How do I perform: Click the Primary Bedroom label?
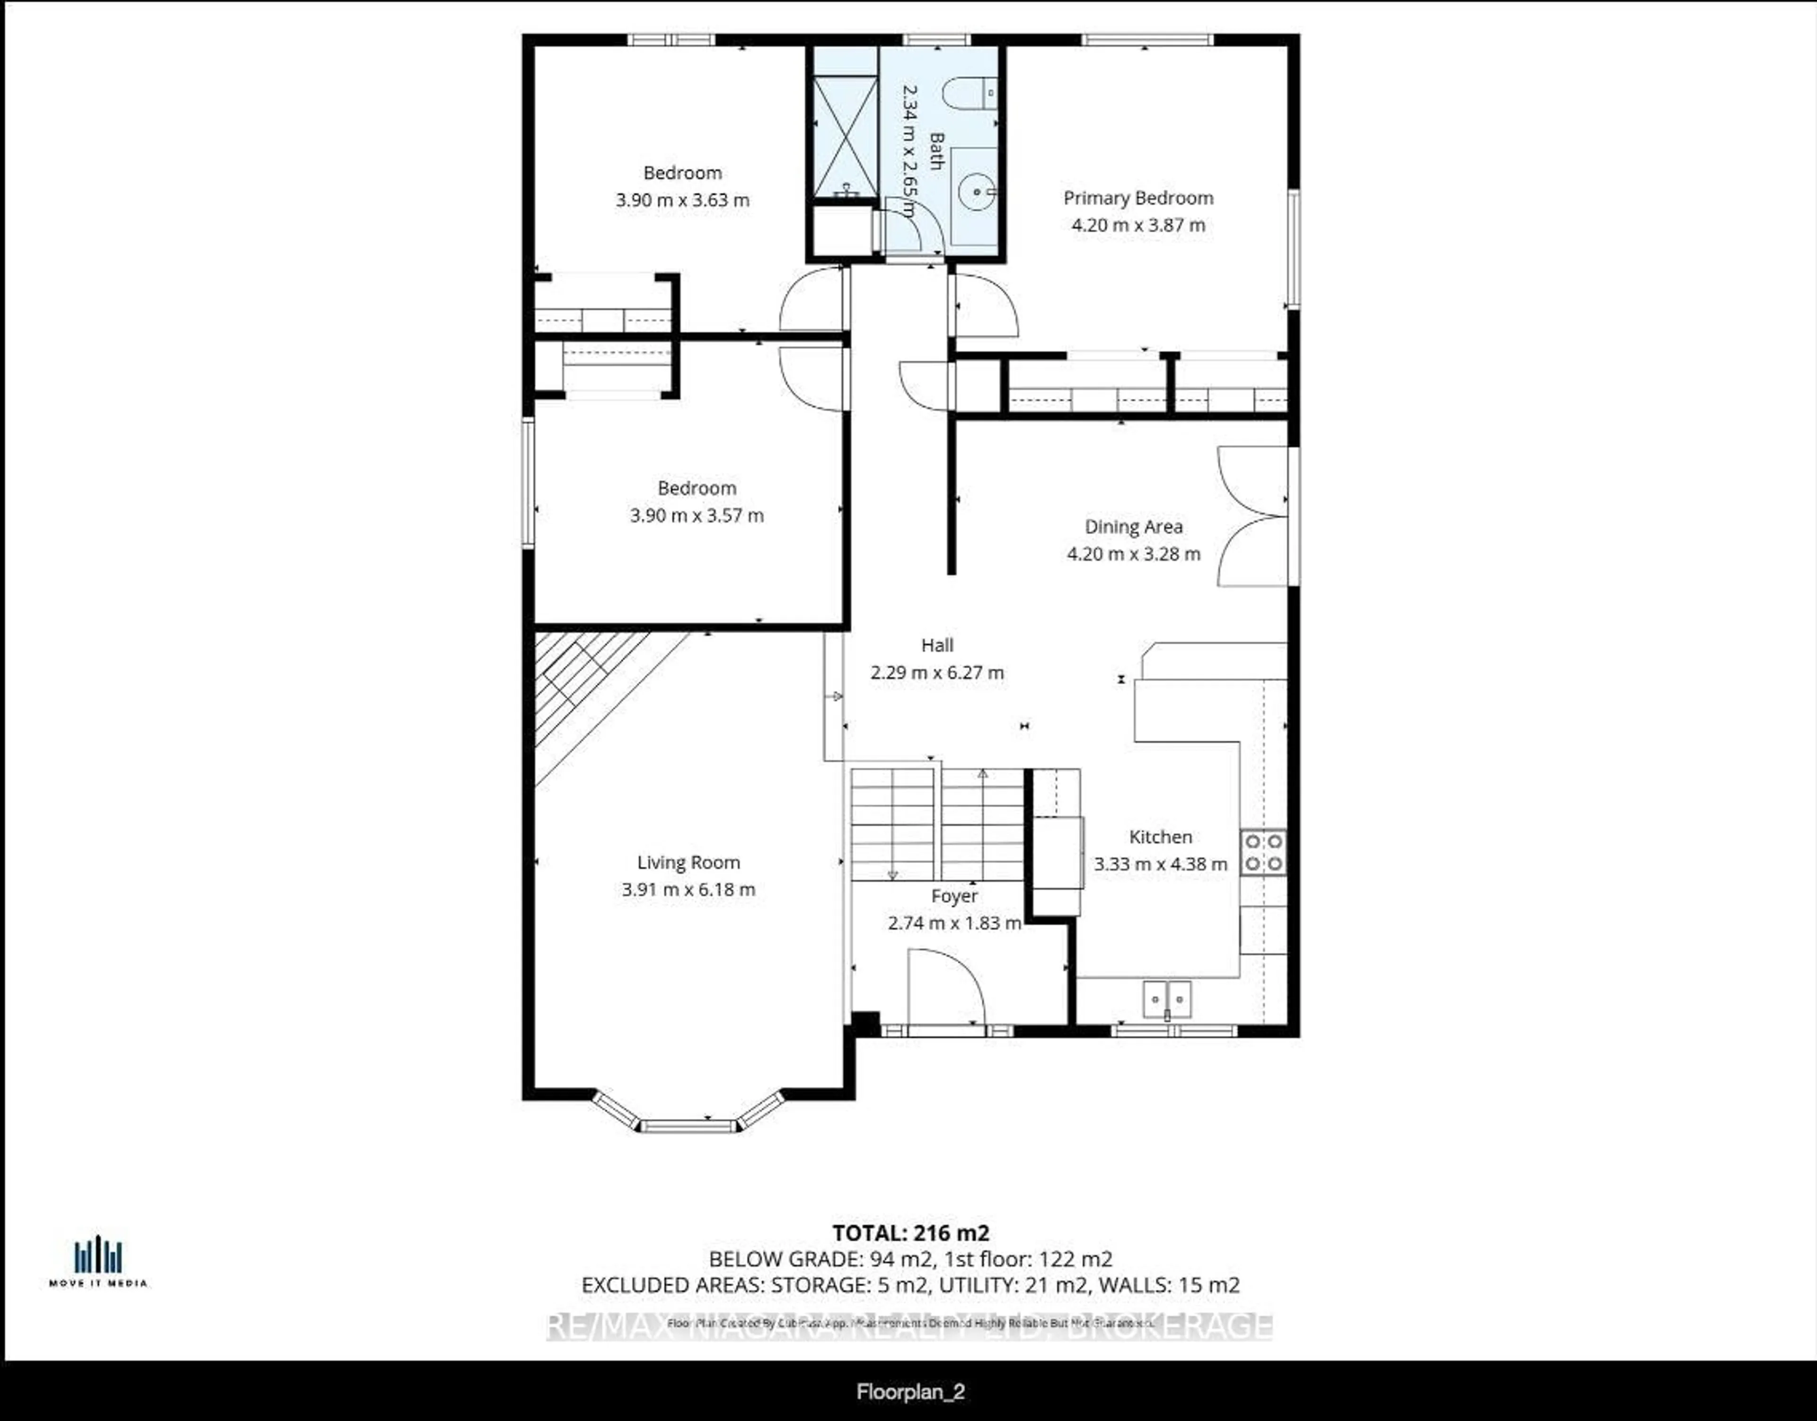click(x=1138, y=198)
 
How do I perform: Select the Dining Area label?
click(x=1133, y=527)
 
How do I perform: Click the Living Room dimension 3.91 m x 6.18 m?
click(x=688, y=890)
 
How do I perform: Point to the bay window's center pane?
click(x=688, y=1127)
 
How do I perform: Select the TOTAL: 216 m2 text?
click(x=910, y=1233)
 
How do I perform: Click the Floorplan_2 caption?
click(x=910, y=1392)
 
